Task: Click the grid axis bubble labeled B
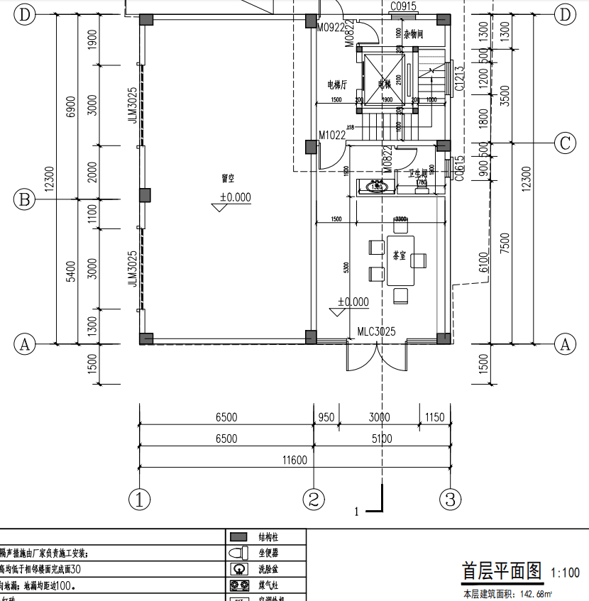click(25, 200)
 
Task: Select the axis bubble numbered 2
click(314, 500)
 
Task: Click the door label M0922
click(331, 27)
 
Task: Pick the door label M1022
click(331, 135)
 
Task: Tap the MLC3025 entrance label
click(376, 331)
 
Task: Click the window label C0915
click(403, 6)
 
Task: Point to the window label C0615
click(460, 169)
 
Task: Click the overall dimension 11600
click(294, 461)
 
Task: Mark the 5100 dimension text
click(381, 439)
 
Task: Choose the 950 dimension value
click(326, 417)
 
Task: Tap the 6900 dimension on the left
click(70, 107)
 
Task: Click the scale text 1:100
click(565, 573)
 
